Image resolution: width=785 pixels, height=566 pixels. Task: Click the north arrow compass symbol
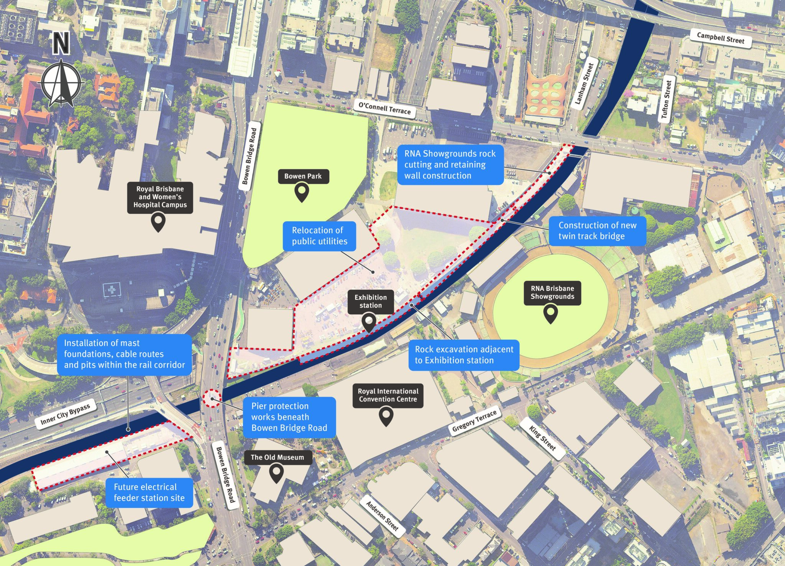tap(61, 82)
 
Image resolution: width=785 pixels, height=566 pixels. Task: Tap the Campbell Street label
tap(720, 38)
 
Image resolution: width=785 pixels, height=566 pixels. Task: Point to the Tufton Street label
tap(666, 99)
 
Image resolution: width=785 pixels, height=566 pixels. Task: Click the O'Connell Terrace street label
tap(384, 109)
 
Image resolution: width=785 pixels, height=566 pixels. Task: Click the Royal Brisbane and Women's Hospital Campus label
tap(160, 197)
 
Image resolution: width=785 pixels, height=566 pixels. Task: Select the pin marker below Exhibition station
tap(369, 322)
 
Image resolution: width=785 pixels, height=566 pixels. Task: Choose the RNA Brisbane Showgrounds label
tap(552, 292)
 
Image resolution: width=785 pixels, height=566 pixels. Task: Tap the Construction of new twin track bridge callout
tap(597, 231)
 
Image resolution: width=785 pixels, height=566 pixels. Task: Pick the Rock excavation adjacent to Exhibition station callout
tap(464, 355)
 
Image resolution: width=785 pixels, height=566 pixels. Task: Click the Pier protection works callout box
tap(289, 417)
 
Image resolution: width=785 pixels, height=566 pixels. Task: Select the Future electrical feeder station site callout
tap(149, 493)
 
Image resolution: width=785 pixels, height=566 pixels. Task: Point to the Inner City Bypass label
tap(65, 415)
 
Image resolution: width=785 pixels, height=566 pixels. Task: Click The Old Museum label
tap(277, 457)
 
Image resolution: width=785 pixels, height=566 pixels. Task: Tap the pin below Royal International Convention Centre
tap(386, 417)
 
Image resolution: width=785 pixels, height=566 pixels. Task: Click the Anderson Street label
tap(382, 516)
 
